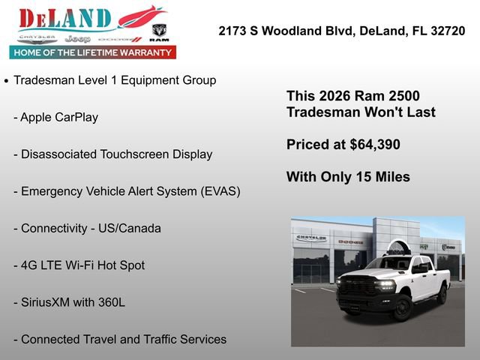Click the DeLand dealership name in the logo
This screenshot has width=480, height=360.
[66, 18]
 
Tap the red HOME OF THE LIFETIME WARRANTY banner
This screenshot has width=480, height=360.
[93, 52]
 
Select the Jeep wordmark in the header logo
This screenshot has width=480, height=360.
[77, 38]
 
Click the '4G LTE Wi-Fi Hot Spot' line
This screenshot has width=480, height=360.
[82, 265]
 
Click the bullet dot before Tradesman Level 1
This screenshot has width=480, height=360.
[7, 80]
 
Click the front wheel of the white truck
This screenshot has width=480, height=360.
[402, 307]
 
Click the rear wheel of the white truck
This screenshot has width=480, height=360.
[442, 294]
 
